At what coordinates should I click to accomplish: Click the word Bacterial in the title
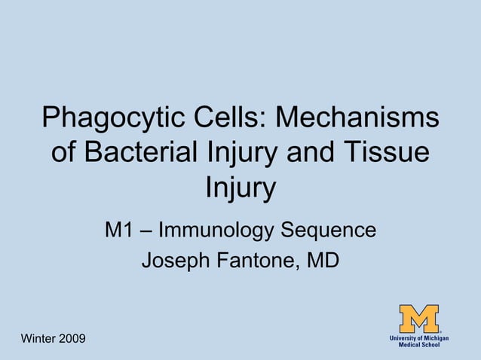tap(142, 152)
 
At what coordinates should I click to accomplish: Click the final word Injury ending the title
tap(240, 188)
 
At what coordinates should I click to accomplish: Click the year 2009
tap(73, 340)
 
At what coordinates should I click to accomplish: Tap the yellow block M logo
tap(419, 318)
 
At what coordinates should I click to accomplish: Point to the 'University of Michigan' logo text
tap(419, 338)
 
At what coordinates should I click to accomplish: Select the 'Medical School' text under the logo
tap(419, 346)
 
